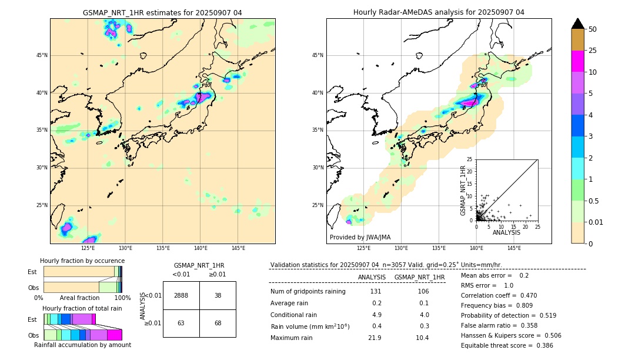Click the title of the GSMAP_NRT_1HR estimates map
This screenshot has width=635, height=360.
coord(162,12)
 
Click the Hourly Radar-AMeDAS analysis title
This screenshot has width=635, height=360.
coord(439,12)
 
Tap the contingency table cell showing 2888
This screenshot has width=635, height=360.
coord(181,295)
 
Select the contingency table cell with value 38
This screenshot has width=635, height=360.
coord(218,295)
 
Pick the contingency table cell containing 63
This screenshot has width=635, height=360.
coord(181,323)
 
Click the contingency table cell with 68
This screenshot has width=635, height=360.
coord(218,323)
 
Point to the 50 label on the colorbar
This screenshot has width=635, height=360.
coord(593,29)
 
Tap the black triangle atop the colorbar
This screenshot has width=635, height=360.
coord(578,24)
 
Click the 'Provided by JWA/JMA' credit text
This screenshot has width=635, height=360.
coord(360,237)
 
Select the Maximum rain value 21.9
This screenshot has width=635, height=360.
coord(375,338)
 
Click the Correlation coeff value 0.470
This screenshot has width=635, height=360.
coord(523,295)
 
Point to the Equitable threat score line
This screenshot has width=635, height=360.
coord(507,345)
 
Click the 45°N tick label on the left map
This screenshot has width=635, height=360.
coord(41,55)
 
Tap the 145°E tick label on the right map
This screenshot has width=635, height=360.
coord(514,248)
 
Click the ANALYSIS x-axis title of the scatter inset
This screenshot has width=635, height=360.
coord(506,232)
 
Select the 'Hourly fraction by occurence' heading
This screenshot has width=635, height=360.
coord(82,261)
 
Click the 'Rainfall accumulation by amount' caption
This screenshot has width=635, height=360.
coord(83,345)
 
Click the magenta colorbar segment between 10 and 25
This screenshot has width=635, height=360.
coord(578,61)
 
